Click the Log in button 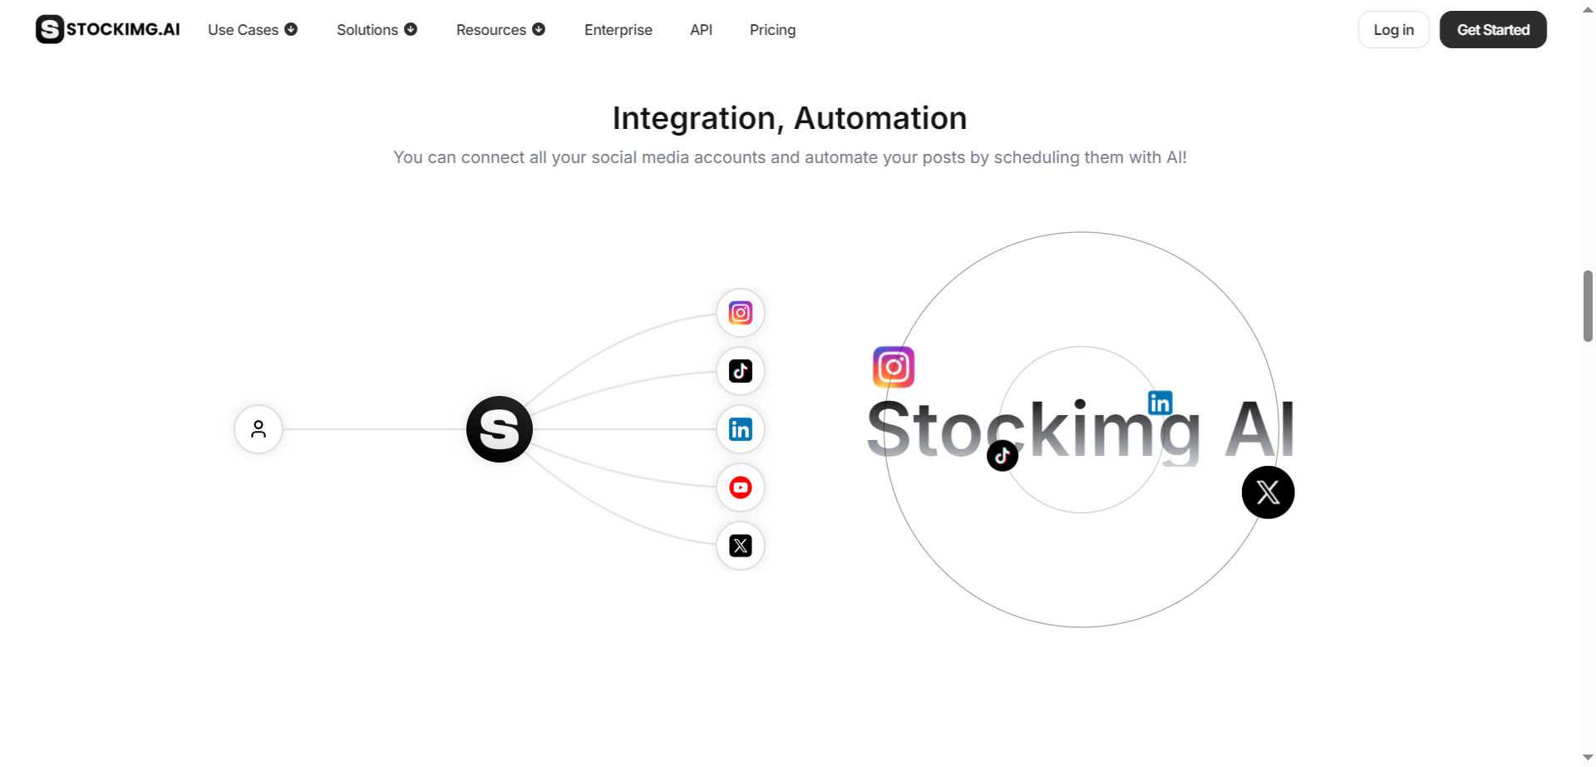[x=1393, y=30]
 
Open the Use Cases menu [x=252, y=30]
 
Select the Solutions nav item [x=377, y=30]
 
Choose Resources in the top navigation [x=500, y=30]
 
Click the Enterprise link [x=618, y=30]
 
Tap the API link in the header [x=701, y=30]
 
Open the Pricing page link [x=772, y=30]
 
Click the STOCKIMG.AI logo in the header [x=108, y=29]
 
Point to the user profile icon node [x=259, y=429]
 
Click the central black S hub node [x=500, y=429]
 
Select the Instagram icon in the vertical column [x=741, y=313]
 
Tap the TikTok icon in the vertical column [x=741, y=371]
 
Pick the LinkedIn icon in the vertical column [x=741, y=429]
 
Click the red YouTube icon [x=741, y=487]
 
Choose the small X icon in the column [x=741, y=546]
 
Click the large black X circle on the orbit [x=1268, y=492]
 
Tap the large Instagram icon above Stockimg [x=894, y=367]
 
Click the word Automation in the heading [x=880, y=118]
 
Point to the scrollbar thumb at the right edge [x=1588, y=305]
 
